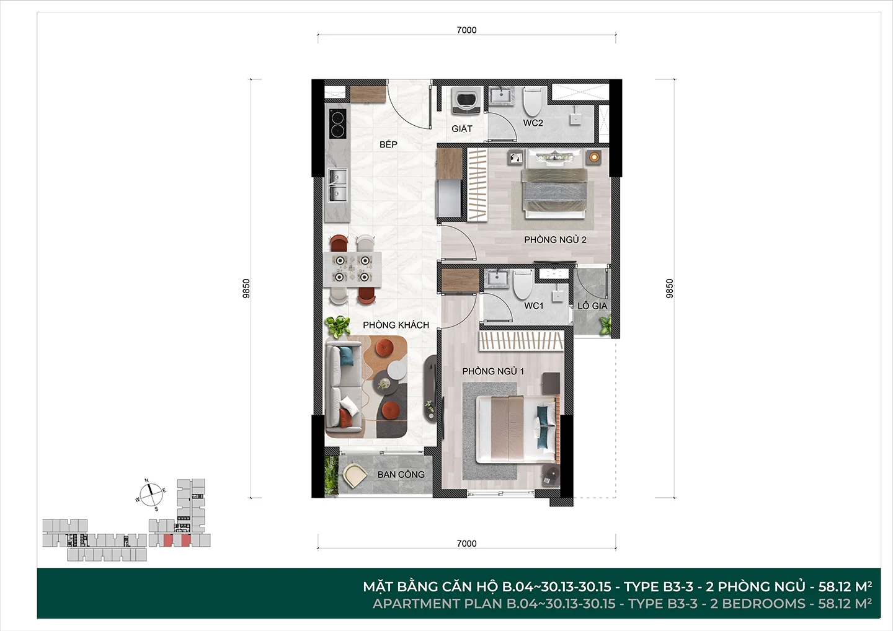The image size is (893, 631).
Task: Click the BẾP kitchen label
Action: click(x=388, y=144)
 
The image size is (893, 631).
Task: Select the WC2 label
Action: click(x=533, y=123)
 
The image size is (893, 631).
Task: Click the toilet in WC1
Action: click(x=523, y=285)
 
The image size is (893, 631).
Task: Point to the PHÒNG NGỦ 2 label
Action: click(x=555, y=239)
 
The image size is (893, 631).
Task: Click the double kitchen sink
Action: click(x=338, y=185)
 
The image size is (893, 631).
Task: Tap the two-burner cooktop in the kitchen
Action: click(x=337, y=123)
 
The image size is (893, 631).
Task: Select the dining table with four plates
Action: click(x=352, y=269)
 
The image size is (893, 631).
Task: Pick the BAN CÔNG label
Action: click(x=401, y=474)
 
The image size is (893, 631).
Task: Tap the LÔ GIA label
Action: click(x=592, y=306)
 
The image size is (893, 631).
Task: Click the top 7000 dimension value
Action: click(x=466, y=30)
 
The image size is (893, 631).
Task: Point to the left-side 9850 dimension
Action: click(x=246, y=288)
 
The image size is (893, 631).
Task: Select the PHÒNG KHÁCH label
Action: click(x=396, y=325)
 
